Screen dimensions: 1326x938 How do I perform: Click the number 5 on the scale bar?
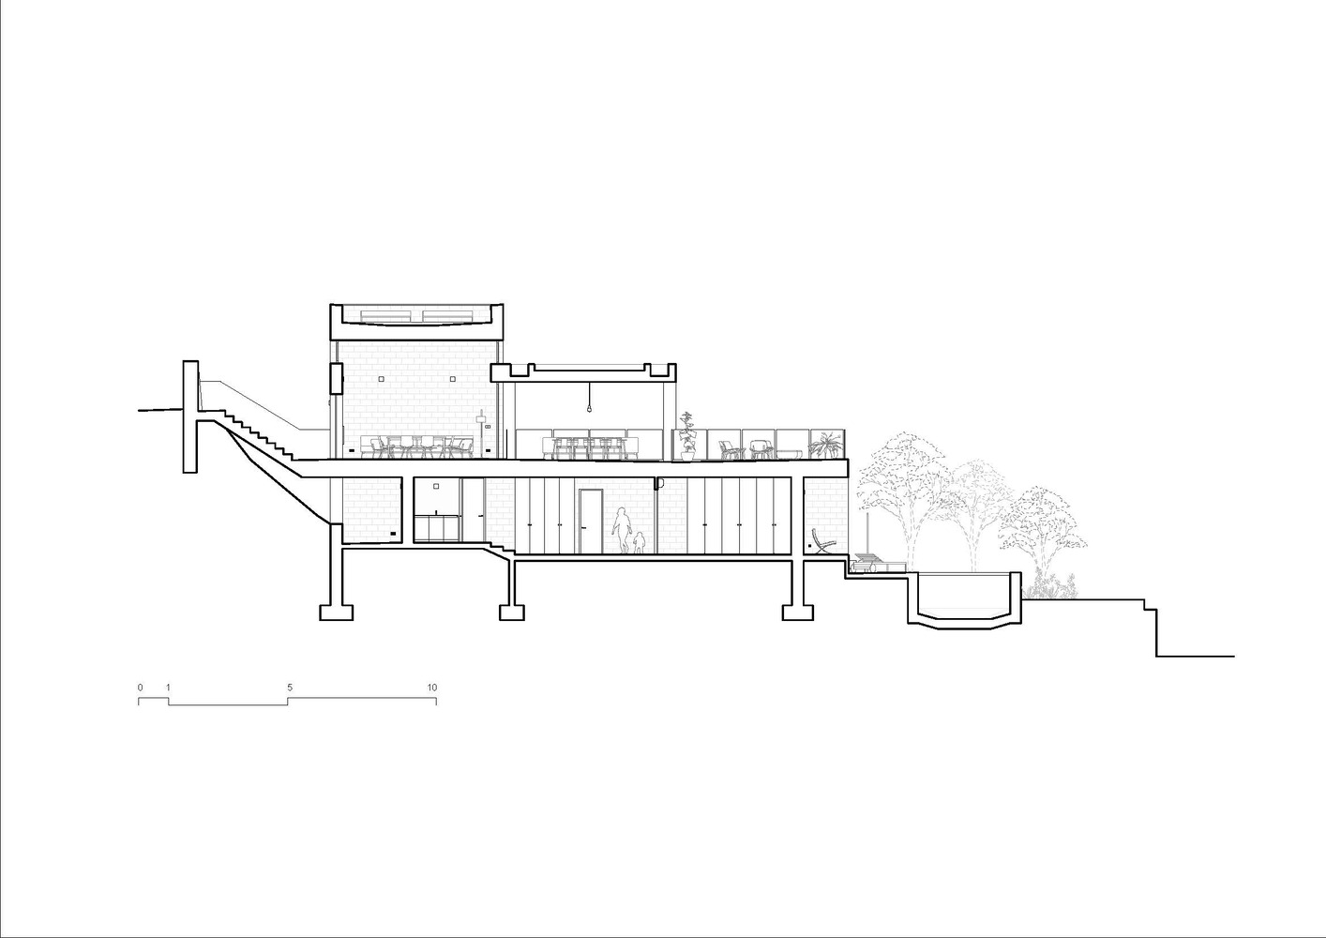(290, 688)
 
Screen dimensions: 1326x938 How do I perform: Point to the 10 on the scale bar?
(432, 688)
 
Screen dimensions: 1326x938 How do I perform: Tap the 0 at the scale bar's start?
(141, 688)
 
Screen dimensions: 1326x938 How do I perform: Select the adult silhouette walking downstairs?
(621, 530)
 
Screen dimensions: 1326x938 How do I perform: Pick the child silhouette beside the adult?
(640, 543)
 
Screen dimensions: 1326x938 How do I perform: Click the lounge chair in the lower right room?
(822, 541)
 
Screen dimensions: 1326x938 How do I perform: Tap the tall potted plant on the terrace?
(687, 436)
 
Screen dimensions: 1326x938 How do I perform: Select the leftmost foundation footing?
(337, 612)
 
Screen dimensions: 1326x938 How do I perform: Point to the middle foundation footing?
(511, 612)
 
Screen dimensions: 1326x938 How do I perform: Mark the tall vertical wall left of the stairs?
(189, 416)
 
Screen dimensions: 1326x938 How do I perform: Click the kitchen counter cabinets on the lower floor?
(437, 528)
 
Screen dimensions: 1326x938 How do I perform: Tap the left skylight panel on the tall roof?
(387, 314)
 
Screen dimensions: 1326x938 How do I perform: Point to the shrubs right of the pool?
(1052, 587)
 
